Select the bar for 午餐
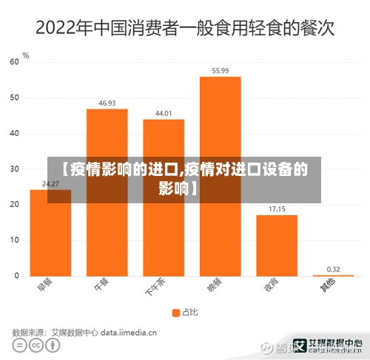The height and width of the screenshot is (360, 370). point(107,192)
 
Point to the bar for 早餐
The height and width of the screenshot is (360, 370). point(50,233)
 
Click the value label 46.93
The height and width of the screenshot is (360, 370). point(107,103)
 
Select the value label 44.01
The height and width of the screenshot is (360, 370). point(164,114)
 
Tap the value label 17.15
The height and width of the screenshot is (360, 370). point(277,209)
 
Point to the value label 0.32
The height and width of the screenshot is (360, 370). point(333,269)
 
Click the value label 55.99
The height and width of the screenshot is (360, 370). point(220,71)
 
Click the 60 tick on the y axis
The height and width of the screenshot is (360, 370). point(14,62)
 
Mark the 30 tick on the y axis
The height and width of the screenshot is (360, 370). point(14,169)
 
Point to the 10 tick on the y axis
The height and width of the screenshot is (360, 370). point(14,240)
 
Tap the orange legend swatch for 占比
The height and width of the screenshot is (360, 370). point(176,312)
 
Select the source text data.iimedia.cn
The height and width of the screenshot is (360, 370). point(129,333)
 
